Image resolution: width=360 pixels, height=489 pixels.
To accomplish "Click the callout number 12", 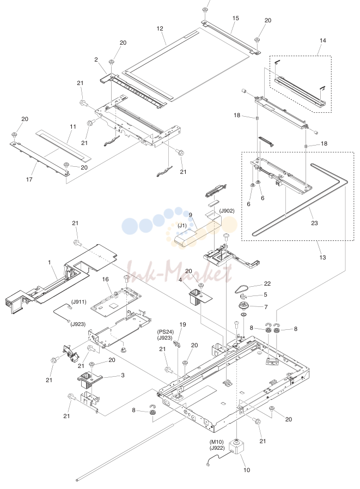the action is [x=160, y=29].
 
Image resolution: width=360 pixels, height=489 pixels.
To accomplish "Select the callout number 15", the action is [x=236, y=19].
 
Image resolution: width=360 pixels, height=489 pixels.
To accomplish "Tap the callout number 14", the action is [x=323, y=40].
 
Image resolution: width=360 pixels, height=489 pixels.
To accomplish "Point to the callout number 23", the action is [x=314, y=223].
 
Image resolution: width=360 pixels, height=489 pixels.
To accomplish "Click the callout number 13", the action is [x=322, y=257].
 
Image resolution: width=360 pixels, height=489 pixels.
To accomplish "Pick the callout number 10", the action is [x=247, y=470].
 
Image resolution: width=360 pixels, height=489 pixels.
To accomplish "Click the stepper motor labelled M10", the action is [x=236, y=447].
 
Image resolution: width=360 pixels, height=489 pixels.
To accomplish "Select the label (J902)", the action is [x=227, y=211].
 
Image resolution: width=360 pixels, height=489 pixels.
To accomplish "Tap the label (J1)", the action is [x=182, y=226].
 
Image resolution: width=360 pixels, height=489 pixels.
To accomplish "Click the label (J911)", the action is [x=79, y=302].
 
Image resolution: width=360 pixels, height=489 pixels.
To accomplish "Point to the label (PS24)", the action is [x=166, y=332].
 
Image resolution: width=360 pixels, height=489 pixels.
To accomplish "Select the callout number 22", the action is [x=267, y=283].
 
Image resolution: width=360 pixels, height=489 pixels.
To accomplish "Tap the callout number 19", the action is [x=182, y=324].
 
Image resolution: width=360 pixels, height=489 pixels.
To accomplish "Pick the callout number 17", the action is [x=29, y=179].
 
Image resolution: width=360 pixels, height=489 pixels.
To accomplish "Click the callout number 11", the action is [x=73, y=126].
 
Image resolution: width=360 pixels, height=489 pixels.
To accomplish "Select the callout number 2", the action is [x=96, y=59].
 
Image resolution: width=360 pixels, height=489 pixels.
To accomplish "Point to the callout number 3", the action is [x=123, y=375].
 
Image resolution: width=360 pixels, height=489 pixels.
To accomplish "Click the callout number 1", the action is [x=49, y=262].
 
